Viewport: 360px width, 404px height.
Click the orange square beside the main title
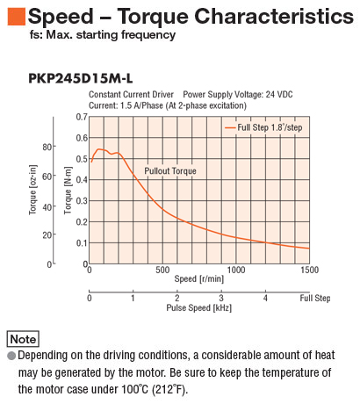[x=17, y=17]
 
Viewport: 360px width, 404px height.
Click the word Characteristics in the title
[x=274, y=16]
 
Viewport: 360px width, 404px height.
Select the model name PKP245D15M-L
[x=81, y=78]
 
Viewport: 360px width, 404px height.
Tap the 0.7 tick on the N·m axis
[x=82, y=117]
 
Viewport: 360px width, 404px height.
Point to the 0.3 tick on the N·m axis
[x=82, y=201]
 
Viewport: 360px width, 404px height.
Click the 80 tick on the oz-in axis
[x=48, y=147]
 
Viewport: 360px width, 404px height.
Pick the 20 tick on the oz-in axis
[x=48, y=234]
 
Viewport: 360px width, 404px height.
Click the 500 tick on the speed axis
[x=162, y=270]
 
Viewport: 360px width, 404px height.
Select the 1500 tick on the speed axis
[x=309, y=270]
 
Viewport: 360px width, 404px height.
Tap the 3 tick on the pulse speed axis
[x=221, y=298]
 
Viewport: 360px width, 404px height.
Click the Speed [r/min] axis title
[x=199, y=278]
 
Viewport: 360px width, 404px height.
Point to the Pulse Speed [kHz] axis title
[x=199, y=307]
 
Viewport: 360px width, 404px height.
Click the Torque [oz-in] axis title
[x=33, y=190]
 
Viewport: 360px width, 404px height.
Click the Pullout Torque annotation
[x=170, y=171]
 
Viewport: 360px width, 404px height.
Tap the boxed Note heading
[x=23, y=339]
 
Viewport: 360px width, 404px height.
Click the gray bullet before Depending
[x=11, y=356]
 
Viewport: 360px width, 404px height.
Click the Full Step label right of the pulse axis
[x=315, y=299]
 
